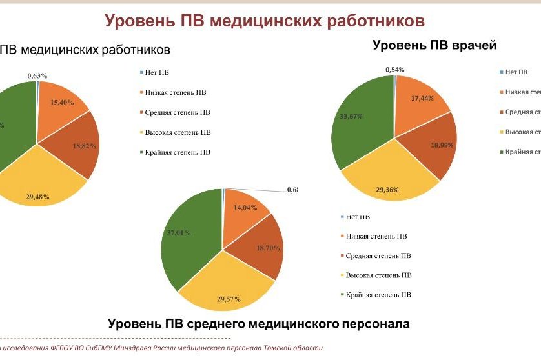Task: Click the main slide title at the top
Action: coord(265,21)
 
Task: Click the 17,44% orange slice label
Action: coord(422,99)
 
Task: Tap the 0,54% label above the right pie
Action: coord(395,69)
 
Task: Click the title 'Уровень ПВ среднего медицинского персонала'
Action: coord(258,323)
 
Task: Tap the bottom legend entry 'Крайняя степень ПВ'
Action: coord(378,295)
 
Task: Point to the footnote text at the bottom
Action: coord(161,348)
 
